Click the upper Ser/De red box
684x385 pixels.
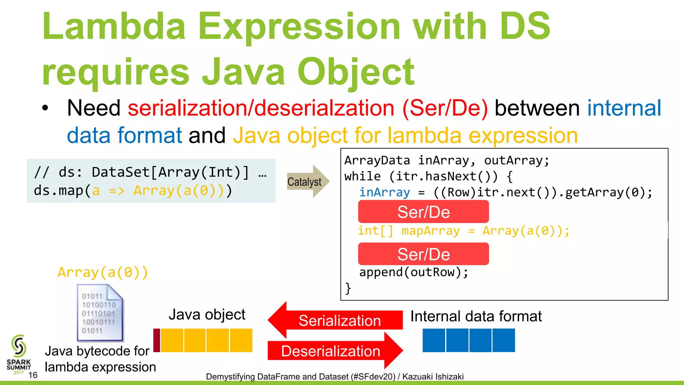[423, 212]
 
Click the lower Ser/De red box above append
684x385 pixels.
[423, 254]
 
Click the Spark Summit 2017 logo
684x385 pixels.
[19, 354]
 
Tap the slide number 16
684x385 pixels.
[33, 375]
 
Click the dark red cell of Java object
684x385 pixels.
[157, 340]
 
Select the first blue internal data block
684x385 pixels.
[434, 340]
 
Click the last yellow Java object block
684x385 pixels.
[241, 340]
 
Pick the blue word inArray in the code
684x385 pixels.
[384, 192]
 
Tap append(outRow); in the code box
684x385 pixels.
[413, 272]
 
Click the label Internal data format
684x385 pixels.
[476, 316]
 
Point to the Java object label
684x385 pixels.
[207, 314]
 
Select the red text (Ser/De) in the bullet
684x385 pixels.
[445, 108]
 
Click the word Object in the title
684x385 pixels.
[355, 72]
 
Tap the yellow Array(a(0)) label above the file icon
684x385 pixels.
[103, 272]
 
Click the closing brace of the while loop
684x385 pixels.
[348, 288]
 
